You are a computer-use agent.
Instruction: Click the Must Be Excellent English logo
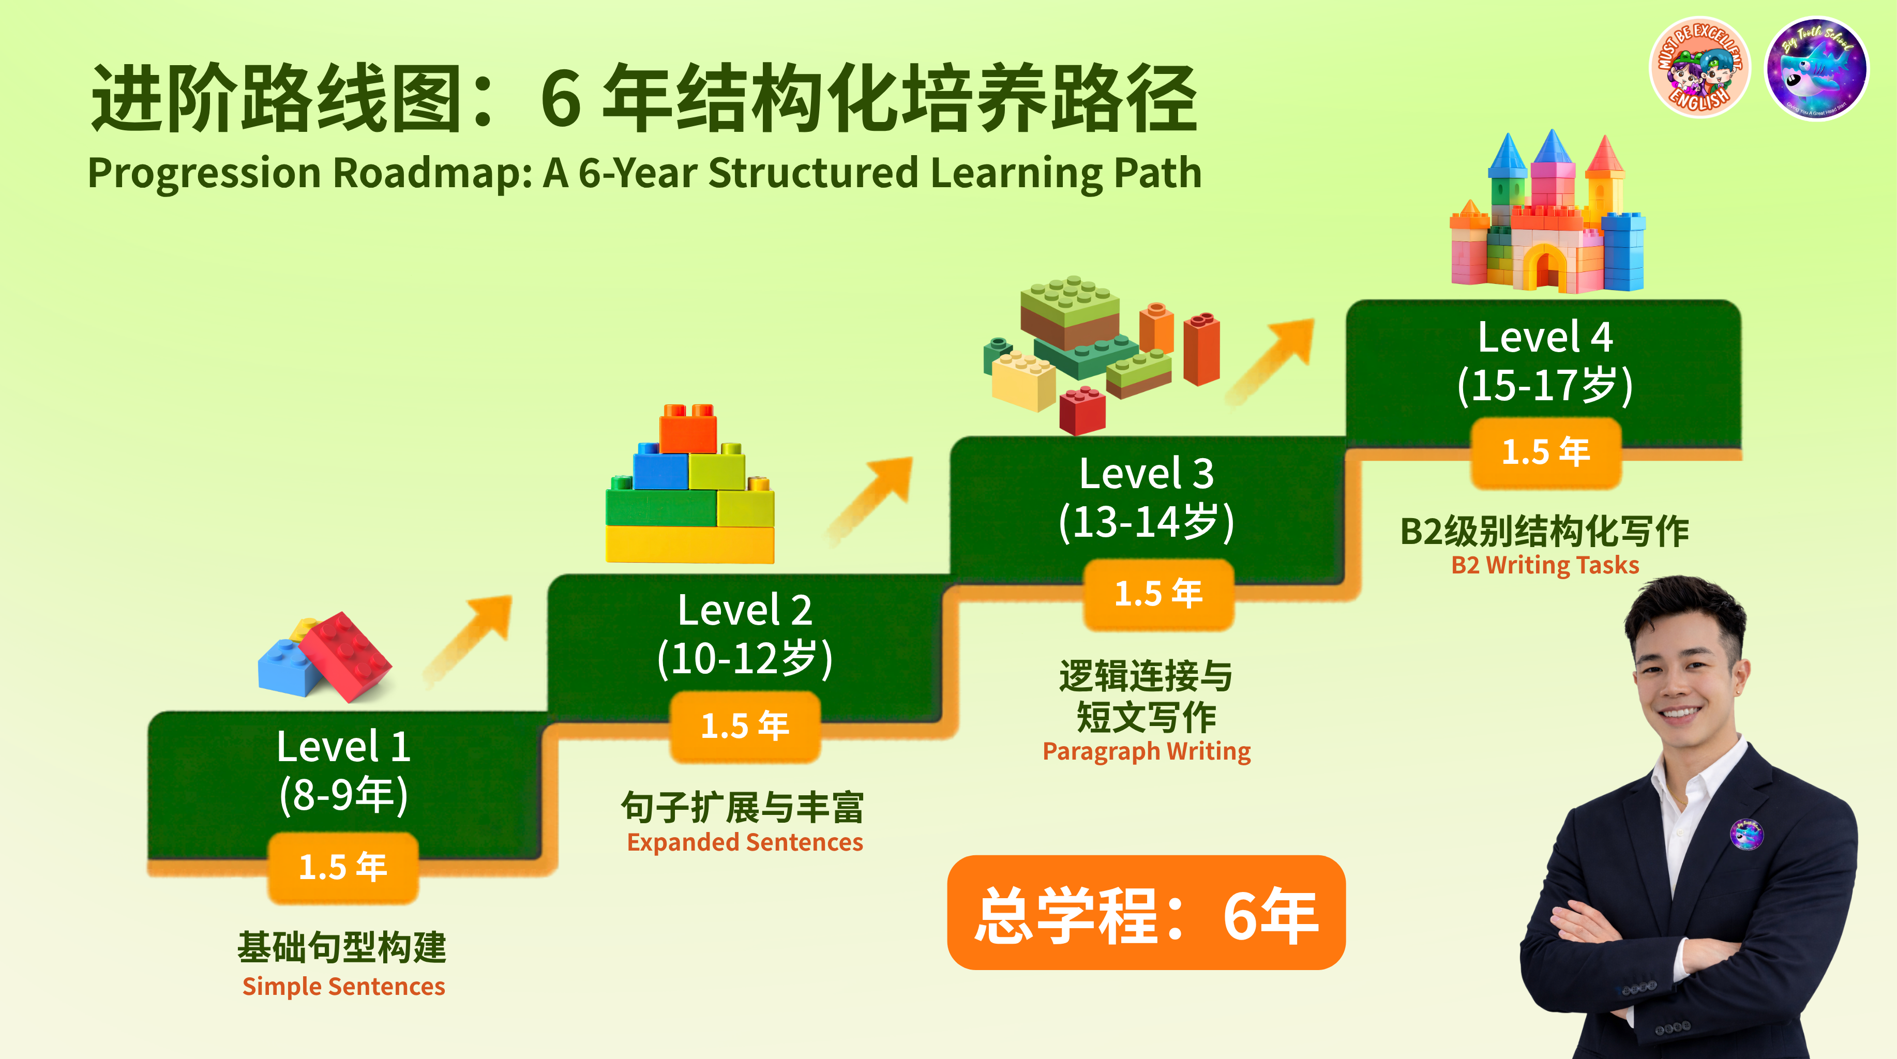(x=1699, y=68)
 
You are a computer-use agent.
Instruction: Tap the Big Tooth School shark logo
(x=1817, y=68)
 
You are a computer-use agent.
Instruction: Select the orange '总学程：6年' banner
(x=1146, y=913)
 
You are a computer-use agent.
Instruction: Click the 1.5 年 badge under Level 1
(x=343, y=868)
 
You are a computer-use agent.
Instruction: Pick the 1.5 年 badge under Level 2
(x=745, y=726)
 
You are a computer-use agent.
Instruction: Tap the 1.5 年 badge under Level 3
(x=1158, y=594)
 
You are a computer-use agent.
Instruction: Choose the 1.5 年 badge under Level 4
(x=1546, y=452)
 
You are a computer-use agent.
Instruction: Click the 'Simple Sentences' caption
(x=344, y=986)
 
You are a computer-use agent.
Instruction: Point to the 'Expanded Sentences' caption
(x=745, y=842)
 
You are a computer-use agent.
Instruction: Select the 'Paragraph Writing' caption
(x=1147, y=751)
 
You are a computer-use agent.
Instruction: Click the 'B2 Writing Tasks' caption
(x=1545, y=565)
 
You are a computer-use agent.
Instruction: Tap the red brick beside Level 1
(x=345, y=656)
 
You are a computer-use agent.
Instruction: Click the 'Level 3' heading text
(x=1146, y=474)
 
